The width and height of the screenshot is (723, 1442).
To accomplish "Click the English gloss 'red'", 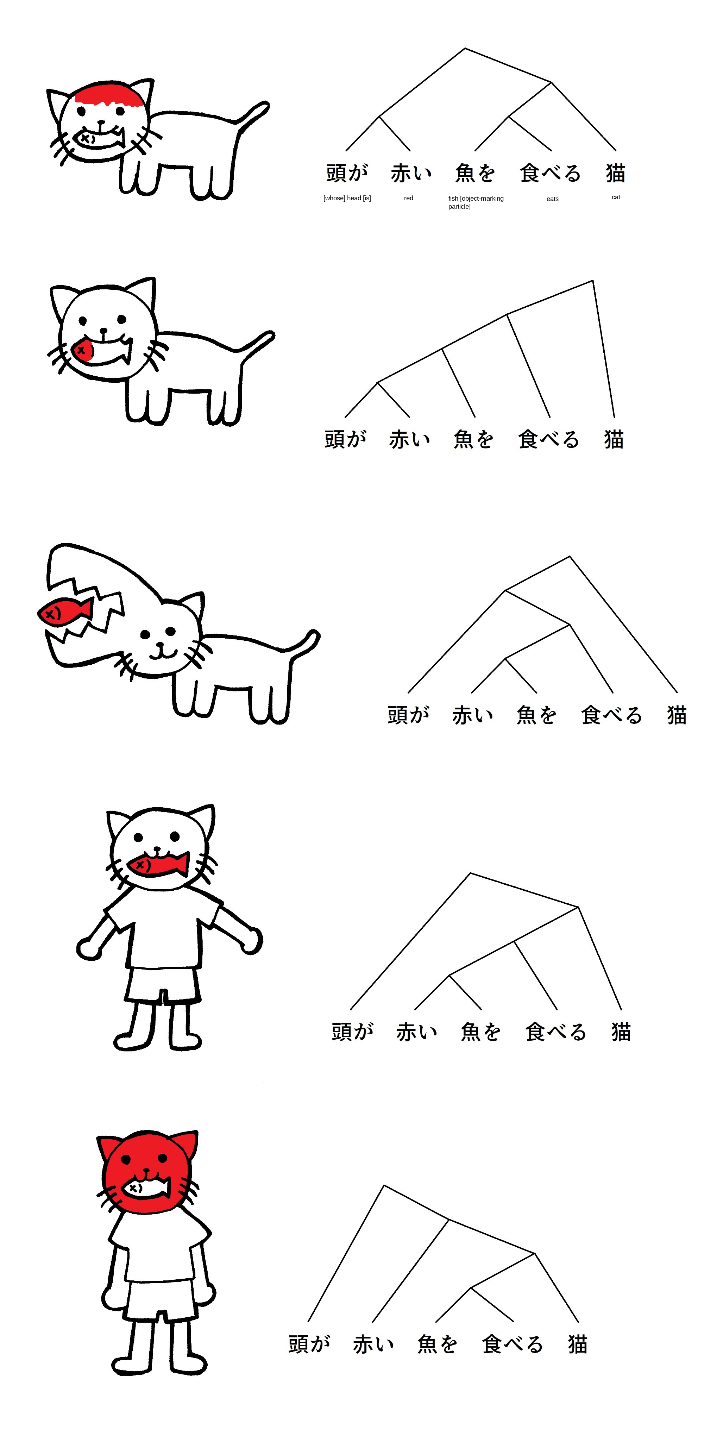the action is (409, 198).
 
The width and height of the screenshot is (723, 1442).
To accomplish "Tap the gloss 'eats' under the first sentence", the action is (552, 199).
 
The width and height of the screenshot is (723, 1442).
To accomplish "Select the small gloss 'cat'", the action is (616, 197).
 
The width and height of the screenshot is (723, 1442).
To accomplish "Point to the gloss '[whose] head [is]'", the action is (347, 198).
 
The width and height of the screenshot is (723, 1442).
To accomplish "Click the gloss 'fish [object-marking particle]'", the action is (476, 202).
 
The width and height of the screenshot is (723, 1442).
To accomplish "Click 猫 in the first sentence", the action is (616, 173).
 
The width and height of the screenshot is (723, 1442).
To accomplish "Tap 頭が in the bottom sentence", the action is (309, 1344).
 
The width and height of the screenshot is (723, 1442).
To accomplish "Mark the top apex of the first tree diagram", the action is (465, 48).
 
